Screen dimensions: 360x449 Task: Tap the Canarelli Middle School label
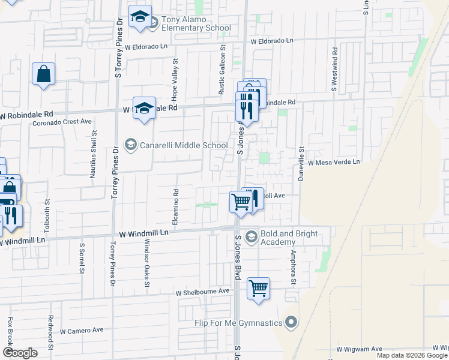click(183, 145)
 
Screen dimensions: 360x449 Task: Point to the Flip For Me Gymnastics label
click(238, 323)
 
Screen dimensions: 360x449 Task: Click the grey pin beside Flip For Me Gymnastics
click(292, 323)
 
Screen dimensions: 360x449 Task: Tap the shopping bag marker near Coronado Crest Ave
click(44, 75)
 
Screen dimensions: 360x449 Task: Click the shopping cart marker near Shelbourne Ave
click(258, 289)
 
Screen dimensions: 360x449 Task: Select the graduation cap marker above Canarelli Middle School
click(144, 109)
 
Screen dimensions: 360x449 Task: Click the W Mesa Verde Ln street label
click(334, 162)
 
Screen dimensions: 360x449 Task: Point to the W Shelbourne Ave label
click(203, 292)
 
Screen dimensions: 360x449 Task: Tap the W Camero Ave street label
click(82, 330)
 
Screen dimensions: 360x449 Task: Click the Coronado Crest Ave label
click(62, 121)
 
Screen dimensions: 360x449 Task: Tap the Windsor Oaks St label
click(146, 262)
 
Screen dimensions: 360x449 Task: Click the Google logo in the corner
click(20, 353)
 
